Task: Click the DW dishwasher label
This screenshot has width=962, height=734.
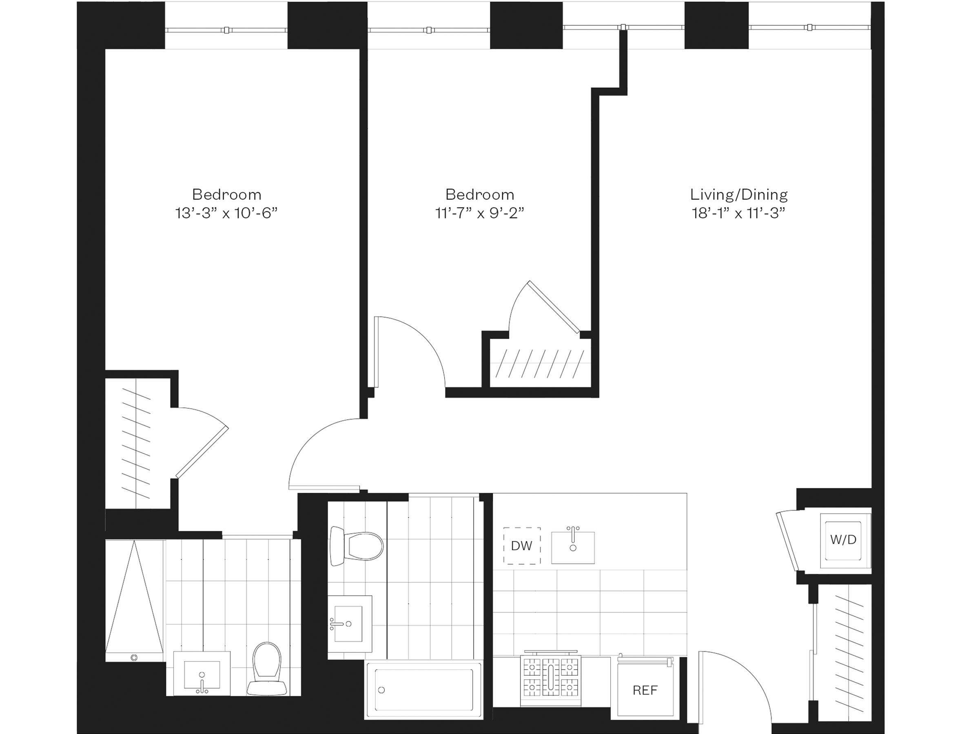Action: pyautogui.click(x=521, y=546)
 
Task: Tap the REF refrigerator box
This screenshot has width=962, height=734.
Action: pyautogui.click(x=645, y=690)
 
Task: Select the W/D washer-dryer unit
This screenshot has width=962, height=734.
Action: pyautogui.click(x=843, y=540)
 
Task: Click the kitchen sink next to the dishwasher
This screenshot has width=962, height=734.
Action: pyautogui.click(x=572, y=547)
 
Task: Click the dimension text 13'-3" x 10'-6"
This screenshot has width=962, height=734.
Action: pyautogui.click(x=226, y=213)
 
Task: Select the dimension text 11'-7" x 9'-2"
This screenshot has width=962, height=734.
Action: pyautogui.click(x=479, y=213)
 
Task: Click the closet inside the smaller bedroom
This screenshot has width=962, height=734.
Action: pyautogui.click(x=540, y=364)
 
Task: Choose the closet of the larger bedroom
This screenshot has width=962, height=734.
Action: pyautogui.click(x=136, y=444)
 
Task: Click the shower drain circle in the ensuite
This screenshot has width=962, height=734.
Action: pyautogui.click(x=134, y=657)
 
